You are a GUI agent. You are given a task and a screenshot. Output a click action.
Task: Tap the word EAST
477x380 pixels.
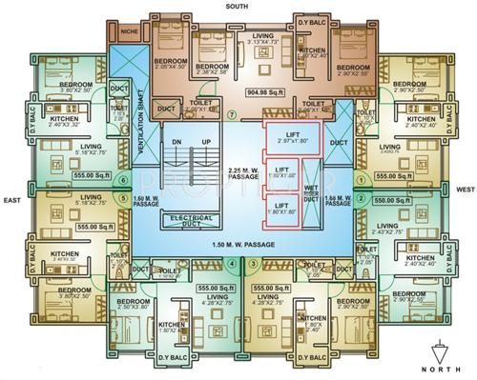click(12, 200)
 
